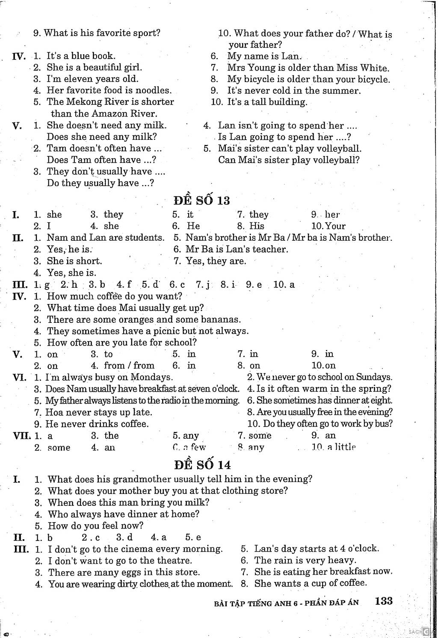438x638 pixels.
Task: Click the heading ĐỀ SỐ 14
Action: pos(202,464)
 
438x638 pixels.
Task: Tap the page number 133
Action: pos(384,601)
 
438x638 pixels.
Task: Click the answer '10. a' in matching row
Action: pos(284,284)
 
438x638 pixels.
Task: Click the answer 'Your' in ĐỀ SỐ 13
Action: pos(335,226)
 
